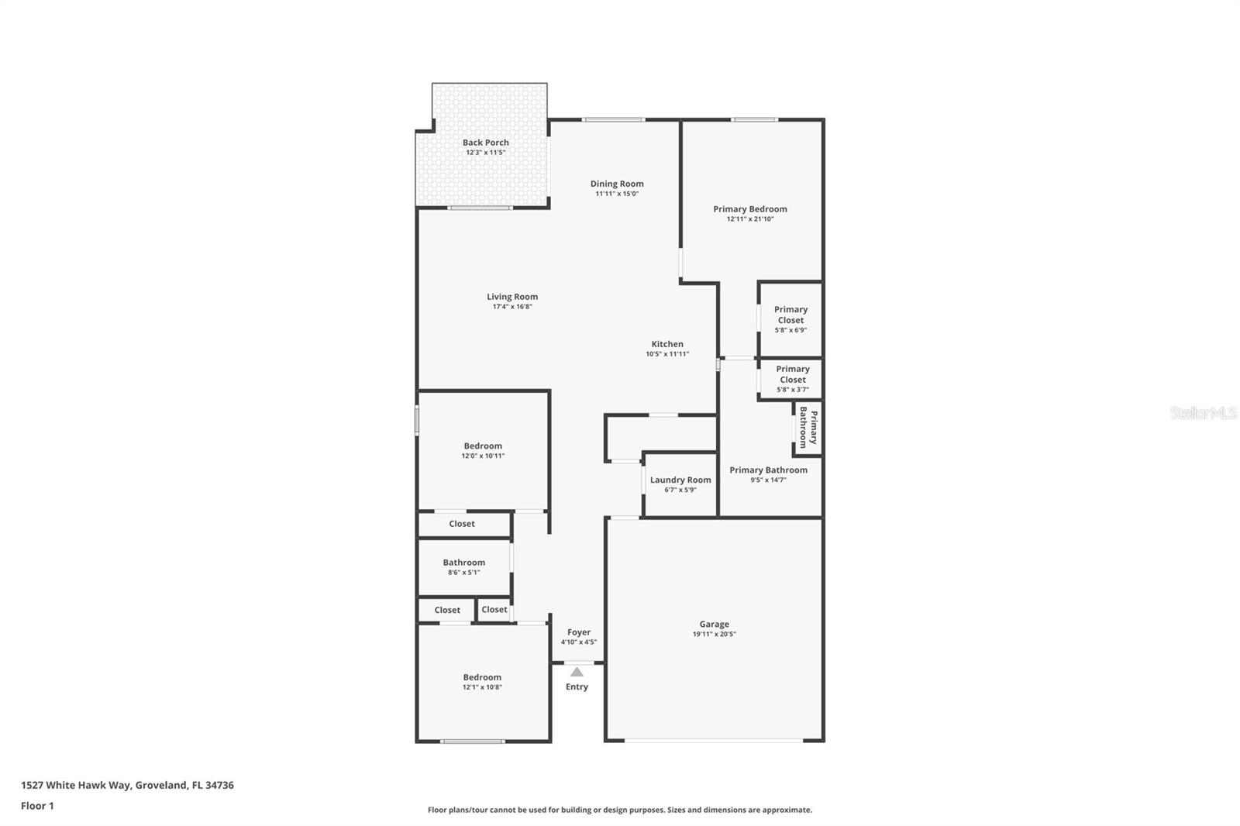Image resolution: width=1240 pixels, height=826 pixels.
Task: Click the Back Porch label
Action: coord(485,143)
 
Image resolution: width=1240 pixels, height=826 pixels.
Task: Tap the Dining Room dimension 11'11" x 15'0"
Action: coord(616,194)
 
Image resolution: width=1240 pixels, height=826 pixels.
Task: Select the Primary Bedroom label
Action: coord(749,209)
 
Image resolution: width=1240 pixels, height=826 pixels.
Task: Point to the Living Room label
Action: coord(511,297)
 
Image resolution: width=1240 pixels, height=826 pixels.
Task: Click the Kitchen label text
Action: coord(666,344)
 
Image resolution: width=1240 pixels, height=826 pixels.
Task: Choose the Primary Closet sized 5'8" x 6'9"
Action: coord(790,319)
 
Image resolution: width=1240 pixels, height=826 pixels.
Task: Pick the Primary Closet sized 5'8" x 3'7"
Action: coord(792,379)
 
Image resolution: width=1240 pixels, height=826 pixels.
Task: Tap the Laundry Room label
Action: coord(680,480)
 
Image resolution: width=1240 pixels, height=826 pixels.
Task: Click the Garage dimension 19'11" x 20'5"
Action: coord(714,634)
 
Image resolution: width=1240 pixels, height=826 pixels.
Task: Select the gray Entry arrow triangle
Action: coord(577,672)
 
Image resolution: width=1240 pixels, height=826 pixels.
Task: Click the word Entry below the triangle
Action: coord(577,687)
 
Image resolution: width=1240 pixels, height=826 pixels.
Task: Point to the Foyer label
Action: coord(578,632)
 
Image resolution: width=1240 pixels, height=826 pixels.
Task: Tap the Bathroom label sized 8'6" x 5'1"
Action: coord(463,563)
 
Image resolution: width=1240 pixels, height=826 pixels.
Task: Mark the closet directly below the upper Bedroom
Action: coord(462,524)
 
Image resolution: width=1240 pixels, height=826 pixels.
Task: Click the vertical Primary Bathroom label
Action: coord(808,427)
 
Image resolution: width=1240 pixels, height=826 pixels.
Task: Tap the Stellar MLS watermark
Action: coord(1203,414)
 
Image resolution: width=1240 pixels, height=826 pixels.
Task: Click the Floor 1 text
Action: coord(37,806)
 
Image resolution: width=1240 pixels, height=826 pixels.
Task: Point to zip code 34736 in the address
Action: coord(219,785)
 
